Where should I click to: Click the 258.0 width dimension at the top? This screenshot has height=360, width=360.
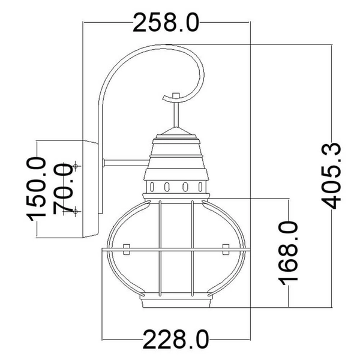[x=165, y=22]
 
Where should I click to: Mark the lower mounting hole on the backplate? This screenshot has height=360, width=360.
[x=76, y=211]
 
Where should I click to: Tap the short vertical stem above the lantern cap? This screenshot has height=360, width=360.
[x=175, y=111]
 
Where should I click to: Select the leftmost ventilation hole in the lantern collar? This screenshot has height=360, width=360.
[x=152, y=185]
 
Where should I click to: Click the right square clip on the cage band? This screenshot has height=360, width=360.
[x=225, y=248]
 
